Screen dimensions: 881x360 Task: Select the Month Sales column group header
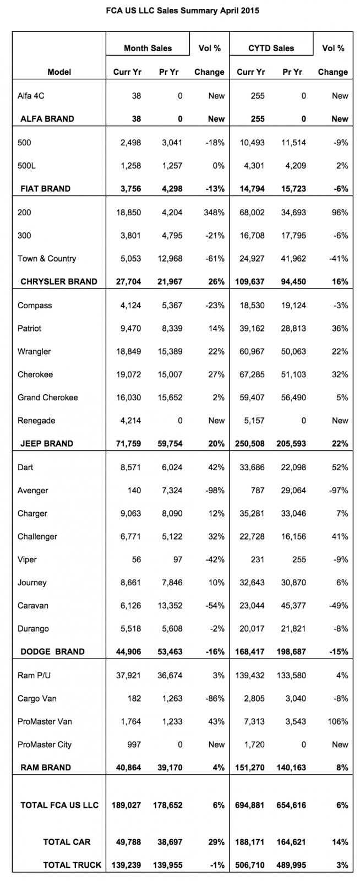click(148, 48)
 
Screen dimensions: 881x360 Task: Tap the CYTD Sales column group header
click(271, 48)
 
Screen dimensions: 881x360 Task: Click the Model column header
click(59, 72)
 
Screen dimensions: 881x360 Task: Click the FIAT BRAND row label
click(45, 188)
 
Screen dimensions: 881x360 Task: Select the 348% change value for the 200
click(213, 212)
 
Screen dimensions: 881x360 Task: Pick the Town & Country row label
click(47, 258)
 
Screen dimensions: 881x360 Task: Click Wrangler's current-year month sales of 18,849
click(127, 351)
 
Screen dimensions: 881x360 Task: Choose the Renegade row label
click(37, 421)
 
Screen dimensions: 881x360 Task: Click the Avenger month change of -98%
click(213, 490)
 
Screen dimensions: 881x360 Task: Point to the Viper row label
click(28, 559)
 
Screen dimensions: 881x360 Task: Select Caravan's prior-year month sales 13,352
click(168, 606)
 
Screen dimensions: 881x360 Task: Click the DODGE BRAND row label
click(52, 651)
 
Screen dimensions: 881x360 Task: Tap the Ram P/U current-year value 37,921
click(127, 676)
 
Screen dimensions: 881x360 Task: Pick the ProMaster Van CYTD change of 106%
click(337, 721)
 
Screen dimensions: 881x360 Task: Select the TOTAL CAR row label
click(67, 842)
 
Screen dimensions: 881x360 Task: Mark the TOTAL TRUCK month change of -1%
click(216, 865)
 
